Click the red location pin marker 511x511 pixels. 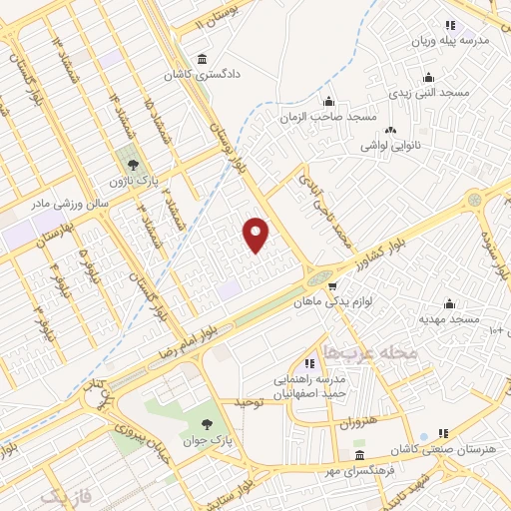[x=256, y=234]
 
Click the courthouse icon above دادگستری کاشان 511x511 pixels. [x=204, y=58]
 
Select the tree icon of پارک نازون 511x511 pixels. [x=130, y=161]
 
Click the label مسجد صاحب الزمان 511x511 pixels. [x=328, y=117]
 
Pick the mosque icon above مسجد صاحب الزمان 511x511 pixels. [x=328, y=101]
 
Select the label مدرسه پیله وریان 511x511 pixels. [x=449, y=42]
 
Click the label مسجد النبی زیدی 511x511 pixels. [x=430, y=92]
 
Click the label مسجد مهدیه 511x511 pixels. [x=450, y=318]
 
